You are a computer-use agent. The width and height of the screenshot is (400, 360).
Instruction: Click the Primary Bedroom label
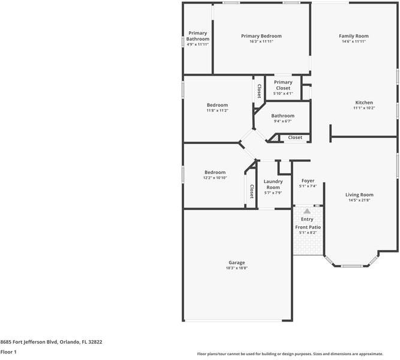(261, 36)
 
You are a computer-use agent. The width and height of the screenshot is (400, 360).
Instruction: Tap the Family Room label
(353, 36)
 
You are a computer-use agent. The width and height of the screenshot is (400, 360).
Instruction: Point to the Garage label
(236, 262)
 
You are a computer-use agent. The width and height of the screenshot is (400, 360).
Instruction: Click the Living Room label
(359, 194)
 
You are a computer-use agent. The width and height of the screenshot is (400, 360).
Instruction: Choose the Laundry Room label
(273, 184)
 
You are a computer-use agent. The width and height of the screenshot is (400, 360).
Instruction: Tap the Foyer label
(308, 181)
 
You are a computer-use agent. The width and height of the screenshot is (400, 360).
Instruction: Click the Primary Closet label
(283, 85)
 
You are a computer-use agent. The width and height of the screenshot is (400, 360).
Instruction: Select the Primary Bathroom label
(198, 36)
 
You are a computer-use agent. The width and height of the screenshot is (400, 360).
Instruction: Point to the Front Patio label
(308, 227)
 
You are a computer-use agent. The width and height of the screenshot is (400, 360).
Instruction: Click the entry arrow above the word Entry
(307, 211)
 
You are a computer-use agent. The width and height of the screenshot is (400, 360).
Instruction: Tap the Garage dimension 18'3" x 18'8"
(236, 268)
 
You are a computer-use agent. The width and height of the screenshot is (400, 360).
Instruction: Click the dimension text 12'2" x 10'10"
(215, 178)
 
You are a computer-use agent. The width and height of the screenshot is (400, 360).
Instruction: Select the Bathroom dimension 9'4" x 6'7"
(282, 121)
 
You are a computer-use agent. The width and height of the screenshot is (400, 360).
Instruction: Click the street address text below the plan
(51, 342)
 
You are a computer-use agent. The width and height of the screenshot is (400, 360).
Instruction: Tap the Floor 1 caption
(8, 352)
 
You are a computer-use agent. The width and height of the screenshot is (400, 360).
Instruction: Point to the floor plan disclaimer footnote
(297, 353)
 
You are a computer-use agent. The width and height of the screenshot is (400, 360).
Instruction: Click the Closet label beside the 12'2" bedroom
(251, 191)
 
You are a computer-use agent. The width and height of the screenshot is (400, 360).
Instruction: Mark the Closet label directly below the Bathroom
(295, 138)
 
